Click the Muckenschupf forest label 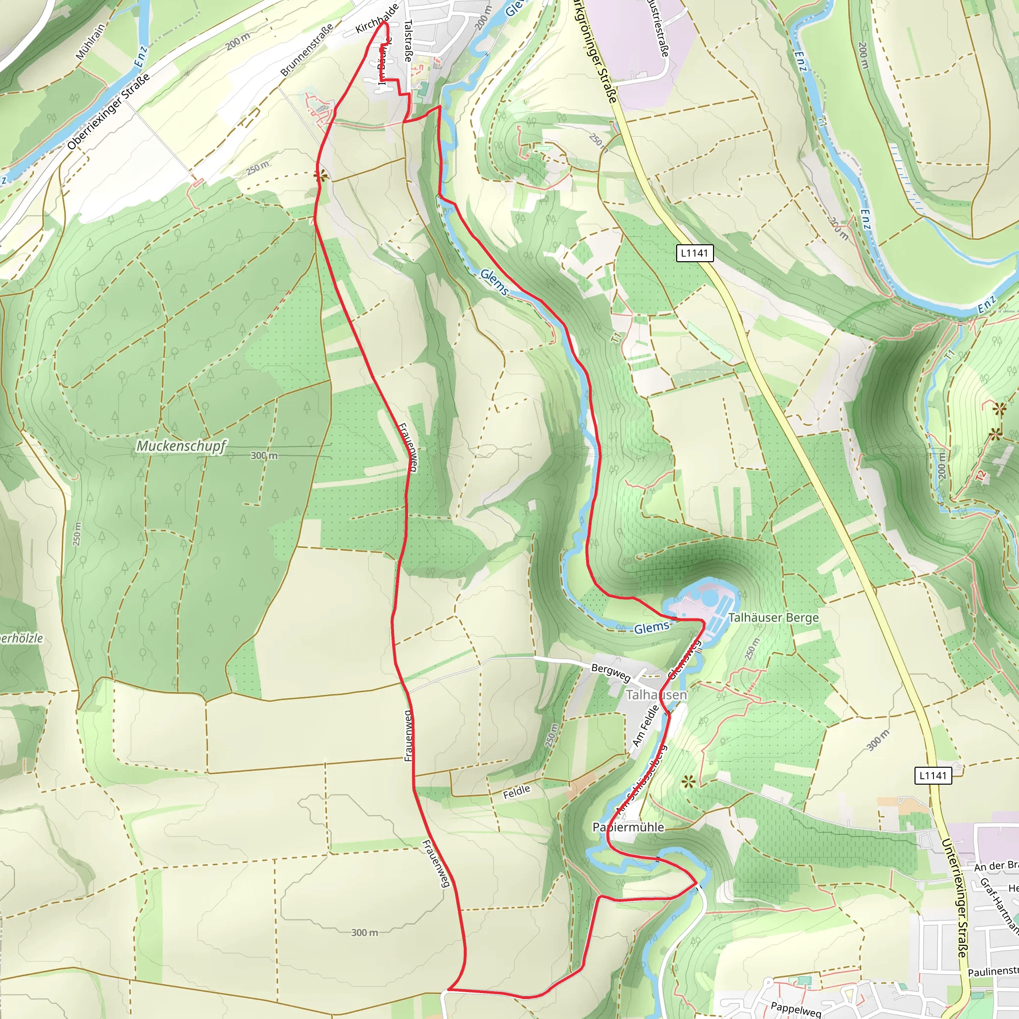[181, 446]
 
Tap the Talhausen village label [656, 695]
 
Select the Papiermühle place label [628, 826]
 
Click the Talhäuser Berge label [773, 617]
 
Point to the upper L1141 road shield [694, 253]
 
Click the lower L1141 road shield [932, 775]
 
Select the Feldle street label [516, 792]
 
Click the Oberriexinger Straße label [108, 111]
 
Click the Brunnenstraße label [306, 50]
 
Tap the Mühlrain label [90, 41]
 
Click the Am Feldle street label [645, 726]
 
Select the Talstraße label [408, 41]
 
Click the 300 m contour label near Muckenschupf [264, 455]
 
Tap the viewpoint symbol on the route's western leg [319, 176]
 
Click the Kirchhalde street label [377, 19]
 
